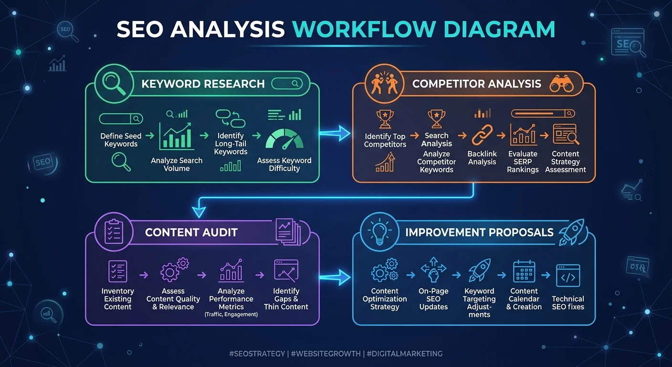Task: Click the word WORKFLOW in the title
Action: [x=365, y=29]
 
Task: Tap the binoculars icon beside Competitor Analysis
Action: [x=561, y=84]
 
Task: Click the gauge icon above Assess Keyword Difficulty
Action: [x=284, y=140]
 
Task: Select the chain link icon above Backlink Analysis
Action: [x=482, y=135]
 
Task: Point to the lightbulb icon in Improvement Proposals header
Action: [x=379, y=232]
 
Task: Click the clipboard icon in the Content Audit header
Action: [x=114, y=231]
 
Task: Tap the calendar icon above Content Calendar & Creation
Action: [x=524, y=271]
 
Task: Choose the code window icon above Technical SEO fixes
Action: [x=568, y=276]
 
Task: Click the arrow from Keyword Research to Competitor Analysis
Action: [x=335, y=133]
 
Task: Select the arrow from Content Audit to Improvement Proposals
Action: [x=335, y=277]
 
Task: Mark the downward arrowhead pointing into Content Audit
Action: [x=199, y=212]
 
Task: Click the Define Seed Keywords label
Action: [x=121, y=140]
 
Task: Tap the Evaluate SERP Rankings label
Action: [x=523, y=162]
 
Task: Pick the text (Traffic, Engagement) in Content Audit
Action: [x=231, y=314]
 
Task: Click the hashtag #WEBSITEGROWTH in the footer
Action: [x=326, y=354]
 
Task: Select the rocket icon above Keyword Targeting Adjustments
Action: [x=479, y=270]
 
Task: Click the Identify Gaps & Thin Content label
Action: [x=286, y=299]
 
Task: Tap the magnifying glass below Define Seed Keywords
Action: [x=121, y=162]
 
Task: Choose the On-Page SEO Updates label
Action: [x=433, y=299]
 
